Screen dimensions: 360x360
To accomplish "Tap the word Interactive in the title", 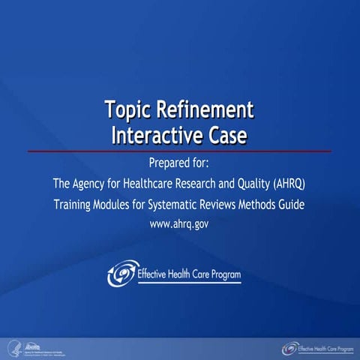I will tap(154, 135).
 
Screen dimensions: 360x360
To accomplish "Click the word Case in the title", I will tap(226, 135).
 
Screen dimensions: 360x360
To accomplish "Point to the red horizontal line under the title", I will tap(179, 151).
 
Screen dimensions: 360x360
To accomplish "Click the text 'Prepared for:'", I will tap(179, 163).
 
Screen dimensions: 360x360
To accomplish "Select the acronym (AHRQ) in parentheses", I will tap(284, 184).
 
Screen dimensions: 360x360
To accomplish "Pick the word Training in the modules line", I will tap(75, 204).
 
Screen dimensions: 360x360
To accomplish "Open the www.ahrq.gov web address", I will tap(179, 224).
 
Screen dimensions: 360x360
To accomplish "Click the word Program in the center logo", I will tap(221, 274).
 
